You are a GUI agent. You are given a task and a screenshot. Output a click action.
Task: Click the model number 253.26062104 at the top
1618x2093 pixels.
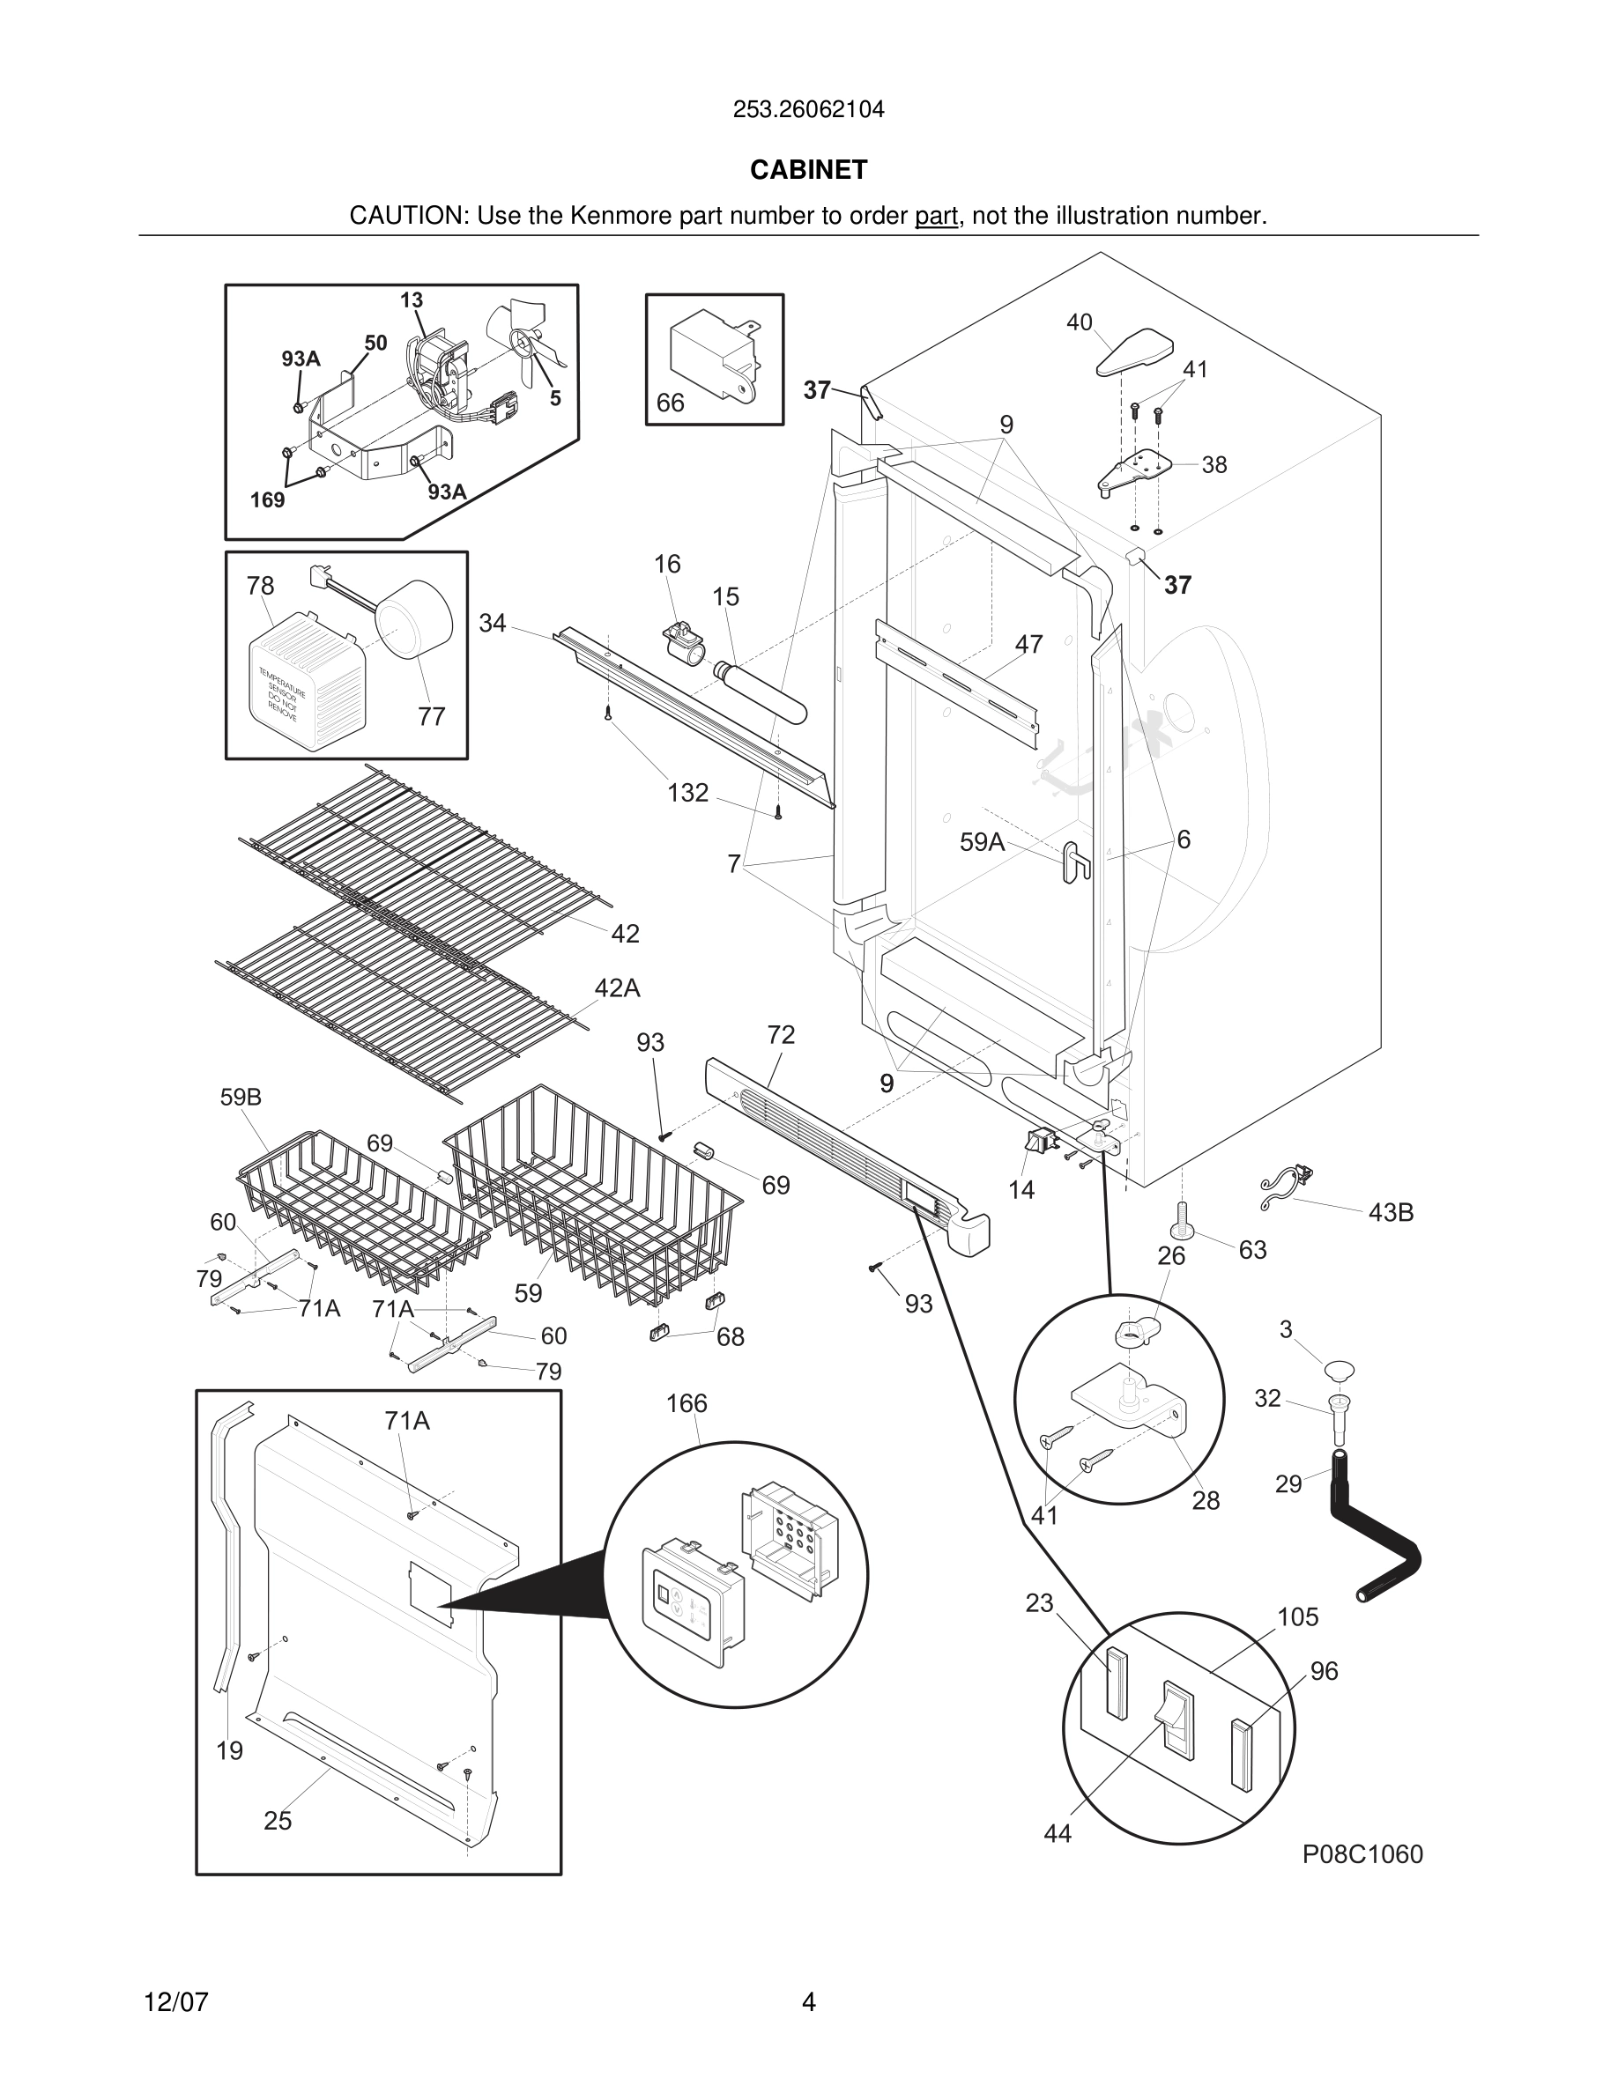(808, 110)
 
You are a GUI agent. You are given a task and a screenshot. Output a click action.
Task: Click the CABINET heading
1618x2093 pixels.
(808, 170)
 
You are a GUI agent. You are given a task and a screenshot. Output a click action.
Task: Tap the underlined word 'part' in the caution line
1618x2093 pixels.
(936, 217)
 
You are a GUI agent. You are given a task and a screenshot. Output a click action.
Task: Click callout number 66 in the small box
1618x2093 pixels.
(670, 403)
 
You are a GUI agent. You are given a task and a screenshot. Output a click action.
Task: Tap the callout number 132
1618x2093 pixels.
(687, 793)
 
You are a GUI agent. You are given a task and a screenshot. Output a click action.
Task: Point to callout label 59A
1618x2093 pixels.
(983, 842)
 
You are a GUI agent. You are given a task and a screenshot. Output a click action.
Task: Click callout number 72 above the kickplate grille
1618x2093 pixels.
(781, 1035)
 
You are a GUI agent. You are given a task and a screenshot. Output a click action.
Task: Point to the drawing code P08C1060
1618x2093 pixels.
(1362, 1854)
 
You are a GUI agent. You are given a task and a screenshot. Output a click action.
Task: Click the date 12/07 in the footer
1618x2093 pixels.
(175, 2002)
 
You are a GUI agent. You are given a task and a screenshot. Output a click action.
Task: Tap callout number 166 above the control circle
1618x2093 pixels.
(687, 1404)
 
